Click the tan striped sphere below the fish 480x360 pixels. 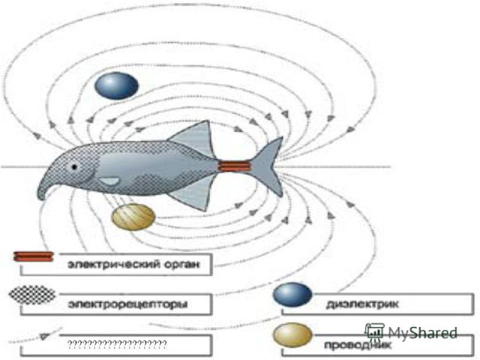coord(133,217)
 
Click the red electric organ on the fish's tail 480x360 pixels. coord(233,166)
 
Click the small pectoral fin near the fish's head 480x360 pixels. coord(110,181)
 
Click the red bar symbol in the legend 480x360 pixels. coord(33,256)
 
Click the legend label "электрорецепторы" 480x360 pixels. coord(126,304)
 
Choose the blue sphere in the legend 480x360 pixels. coord(292,295)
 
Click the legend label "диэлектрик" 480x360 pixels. coord(362,304)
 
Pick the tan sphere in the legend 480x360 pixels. coord(292,336)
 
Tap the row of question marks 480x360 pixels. coord(116,343)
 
